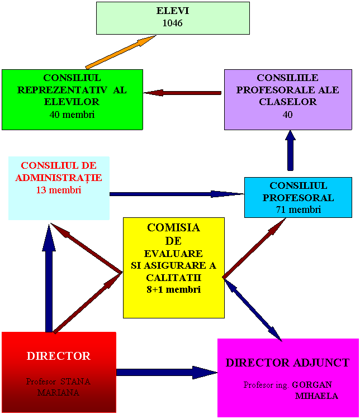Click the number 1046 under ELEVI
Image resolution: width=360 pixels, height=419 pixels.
pos(172,23)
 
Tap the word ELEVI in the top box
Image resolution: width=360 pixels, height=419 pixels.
pos(172,11)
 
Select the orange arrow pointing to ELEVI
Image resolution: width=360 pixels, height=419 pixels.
pos(120,53)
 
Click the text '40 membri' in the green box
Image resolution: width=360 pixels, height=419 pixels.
pos(72,115)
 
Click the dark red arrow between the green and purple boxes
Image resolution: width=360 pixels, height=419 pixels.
pos(184,93)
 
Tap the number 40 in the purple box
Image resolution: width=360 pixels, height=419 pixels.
pos(287,115)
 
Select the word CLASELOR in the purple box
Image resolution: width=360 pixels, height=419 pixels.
pos(287,102)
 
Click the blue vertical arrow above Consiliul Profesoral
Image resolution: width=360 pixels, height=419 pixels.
pos(290,151)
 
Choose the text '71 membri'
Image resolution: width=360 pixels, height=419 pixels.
pos(298,209)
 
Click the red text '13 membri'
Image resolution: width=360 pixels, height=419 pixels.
pos(59,190)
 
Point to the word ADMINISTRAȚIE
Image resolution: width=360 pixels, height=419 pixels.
pos(59,178)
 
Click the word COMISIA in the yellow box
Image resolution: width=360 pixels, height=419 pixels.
pos(173,227)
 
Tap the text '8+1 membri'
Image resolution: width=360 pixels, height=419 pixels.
pos(173,289)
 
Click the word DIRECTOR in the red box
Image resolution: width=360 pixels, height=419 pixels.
pos(59,356)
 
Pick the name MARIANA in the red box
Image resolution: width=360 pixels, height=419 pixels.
pos(58,393)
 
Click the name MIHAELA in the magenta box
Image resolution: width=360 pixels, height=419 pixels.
pos(316,396)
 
